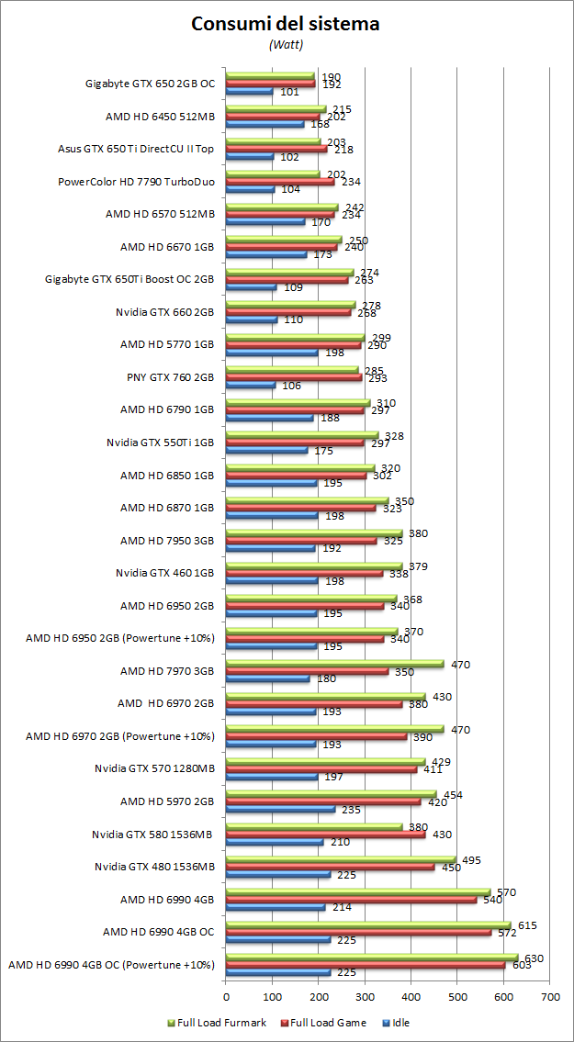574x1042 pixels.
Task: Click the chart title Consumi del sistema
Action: click(286, 25)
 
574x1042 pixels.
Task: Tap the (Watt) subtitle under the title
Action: click(286, 44)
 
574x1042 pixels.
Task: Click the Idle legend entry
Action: click(400, 1022)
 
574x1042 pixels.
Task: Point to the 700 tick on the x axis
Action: click(550, 995)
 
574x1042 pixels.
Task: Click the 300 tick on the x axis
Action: click(365, 995)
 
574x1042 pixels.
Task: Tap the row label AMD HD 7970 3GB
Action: click(168, 670)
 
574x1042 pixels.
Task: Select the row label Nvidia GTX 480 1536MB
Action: click(154, 866)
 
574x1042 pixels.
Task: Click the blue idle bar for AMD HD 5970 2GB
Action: click(280, 809)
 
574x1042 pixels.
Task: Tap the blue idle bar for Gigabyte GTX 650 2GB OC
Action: click(249, 91)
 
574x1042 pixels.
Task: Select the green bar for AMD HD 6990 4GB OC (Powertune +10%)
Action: click(372, 957)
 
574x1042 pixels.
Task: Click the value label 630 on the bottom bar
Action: click(534, 958)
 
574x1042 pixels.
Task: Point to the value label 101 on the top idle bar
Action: click(290, 92)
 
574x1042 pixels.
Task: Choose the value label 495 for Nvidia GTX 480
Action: click(471, 860)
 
